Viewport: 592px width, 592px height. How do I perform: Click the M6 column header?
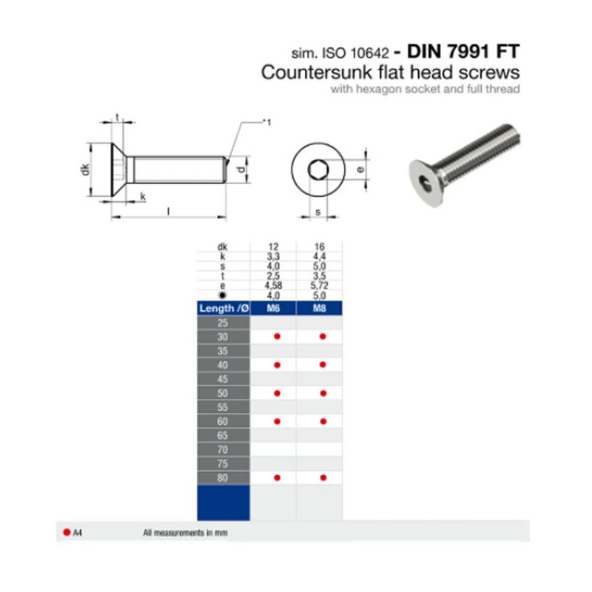click(273, 308)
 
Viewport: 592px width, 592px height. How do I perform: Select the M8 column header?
click(320, 308)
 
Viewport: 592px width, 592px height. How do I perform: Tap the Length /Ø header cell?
click(223, 308)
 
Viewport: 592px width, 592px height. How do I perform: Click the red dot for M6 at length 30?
click(277, 337)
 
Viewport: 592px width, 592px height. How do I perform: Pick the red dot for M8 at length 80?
click(323, 477)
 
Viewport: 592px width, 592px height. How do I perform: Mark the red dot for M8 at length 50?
click(323, 393)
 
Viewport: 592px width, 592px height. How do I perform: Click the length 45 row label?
click(223, 379)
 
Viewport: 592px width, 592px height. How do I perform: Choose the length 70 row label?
click(223, 450)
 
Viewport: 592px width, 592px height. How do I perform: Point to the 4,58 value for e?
click(273, 286)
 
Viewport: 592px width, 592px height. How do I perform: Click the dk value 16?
click(320, 246)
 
